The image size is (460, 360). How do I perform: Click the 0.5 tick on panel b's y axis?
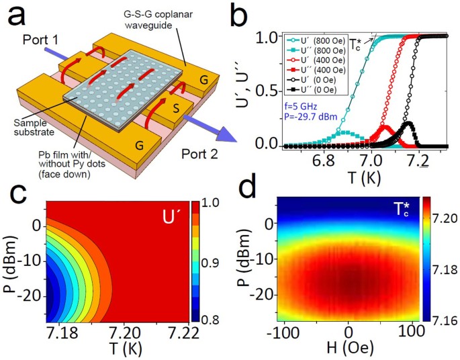[x=269, y=91]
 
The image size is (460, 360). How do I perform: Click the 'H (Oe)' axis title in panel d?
[x=346, y=350]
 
